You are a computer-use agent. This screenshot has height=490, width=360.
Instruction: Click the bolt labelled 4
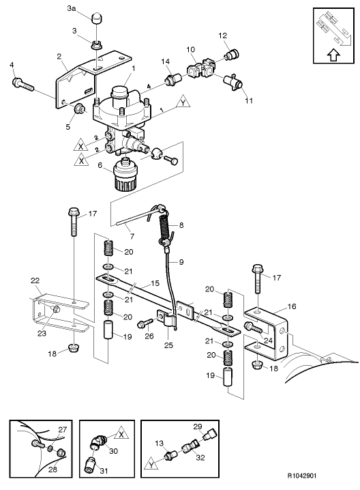(22, 85)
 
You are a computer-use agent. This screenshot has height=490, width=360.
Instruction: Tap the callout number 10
(190, 49)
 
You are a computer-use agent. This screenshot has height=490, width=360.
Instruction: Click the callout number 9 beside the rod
(181, 261)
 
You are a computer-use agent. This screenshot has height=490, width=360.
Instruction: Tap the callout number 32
(200, 459)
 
